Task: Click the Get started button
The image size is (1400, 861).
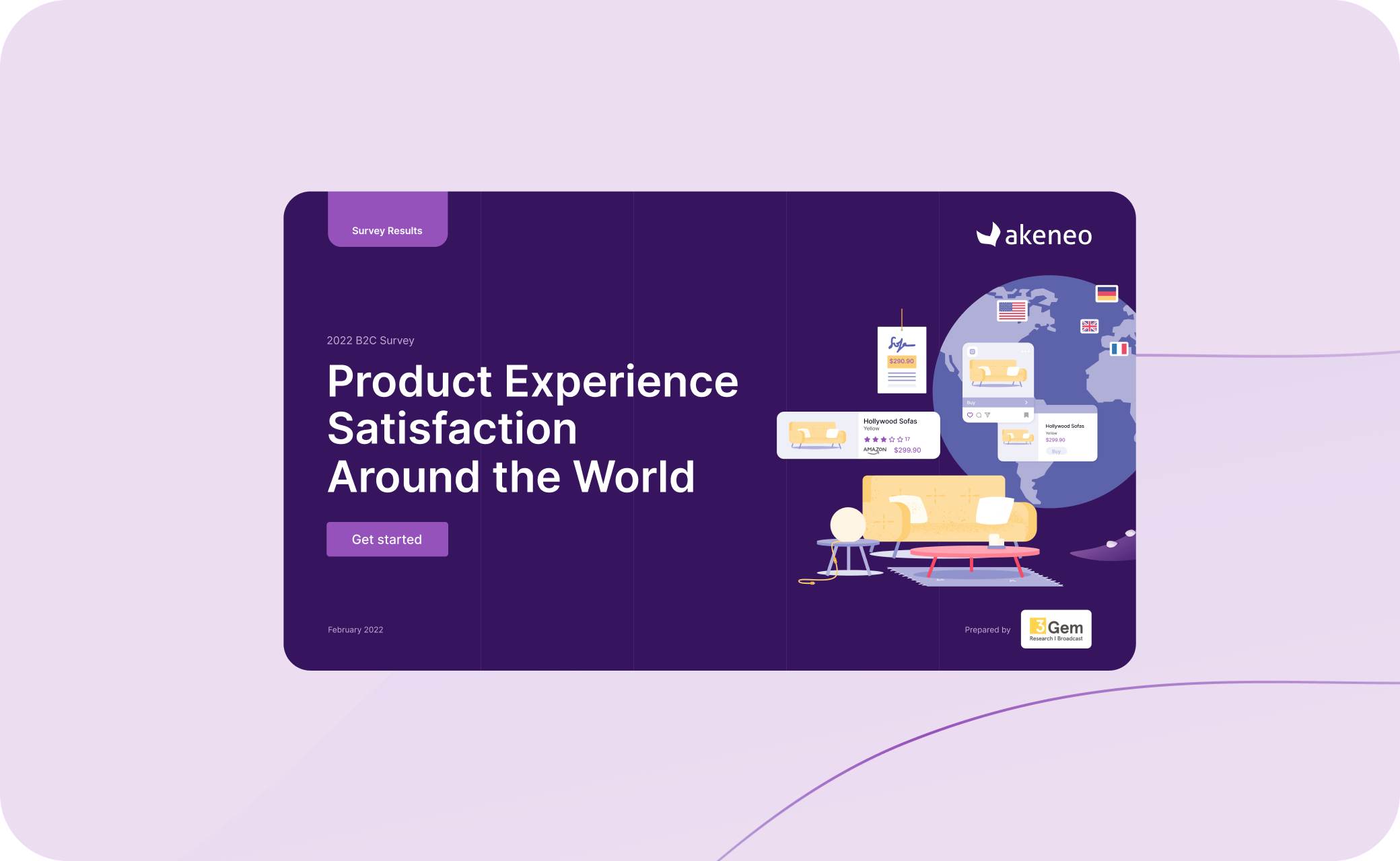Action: click(387, 539)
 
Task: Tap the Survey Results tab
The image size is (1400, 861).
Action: click(387, 230)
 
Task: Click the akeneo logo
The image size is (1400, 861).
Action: click(1034, 235)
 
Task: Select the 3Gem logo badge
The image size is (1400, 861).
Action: click(1055, 629)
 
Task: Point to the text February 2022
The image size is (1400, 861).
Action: click(355, 630)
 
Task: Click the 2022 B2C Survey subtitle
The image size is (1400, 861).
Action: click(370, 340)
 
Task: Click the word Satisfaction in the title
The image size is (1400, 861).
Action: click(452, 428)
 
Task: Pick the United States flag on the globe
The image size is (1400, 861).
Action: click(1012, 311)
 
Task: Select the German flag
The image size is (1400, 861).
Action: click(1107, 293)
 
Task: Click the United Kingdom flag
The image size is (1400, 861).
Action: click(1089, 326)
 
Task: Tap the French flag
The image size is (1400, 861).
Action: click(1119, 348)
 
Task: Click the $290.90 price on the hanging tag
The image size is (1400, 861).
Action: click(901, 361)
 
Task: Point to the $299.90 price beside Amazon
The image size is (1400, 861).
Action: click(907, 450)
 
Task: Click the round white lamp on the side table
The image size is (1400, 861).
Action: click(847, 524)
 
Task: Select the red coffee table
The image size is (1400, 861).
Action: click(974, 553)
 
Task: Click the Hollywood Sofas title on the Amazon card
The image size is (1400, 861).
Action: click(890, 421)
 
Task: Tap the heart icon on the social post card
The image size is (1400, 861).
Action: click(970, 415)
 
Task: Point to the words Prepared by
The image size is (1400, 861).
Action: click(987, 630)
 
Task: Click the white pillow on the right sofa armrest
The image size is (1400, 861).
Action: click(995, 511)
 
